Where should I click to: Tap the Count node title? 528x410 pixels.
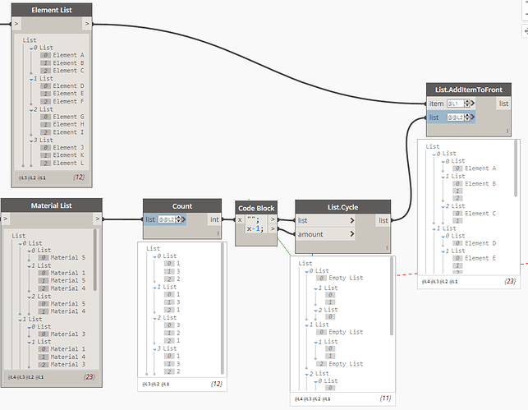point(181,205)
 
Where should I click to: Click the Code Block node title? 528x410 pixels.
point(257,207)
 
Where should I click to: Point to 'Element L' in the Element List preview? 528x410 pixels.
point(69,163)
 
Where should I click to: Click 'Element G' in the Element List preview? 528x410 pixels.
point(69,117)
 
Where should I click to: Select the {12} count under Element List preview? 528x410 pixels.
point(80,177)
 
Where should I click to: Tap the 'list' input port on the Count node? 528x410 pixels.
point(150,219)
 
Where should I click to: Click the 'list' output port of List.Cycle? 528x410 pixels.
point(383,220)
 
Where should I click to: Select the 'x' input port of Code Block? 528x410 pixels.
point(241,220)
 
